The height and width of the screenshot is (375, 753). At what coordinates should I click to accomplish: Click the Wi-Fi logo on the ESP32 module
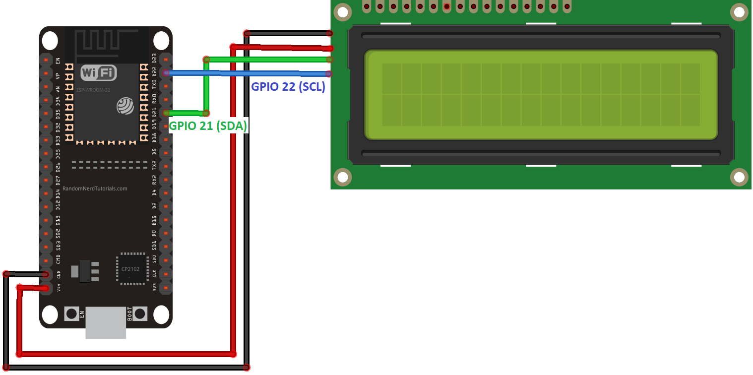point(98,73)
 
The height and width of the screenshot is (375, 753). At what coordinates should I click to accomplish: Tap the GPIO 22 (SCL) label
point(288,86)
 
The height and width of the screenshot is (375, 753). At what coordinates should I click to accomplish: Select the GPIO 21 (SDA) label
point(208,126)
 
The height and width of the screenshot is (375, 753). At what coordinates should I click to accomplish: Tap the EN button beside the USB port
point(72,313)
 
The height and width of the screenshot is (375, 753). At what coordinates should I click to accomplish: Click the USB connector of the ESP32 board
point(105,322)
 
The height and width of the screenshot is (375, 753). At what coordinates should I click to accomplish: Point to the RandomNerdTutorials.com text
point(95,188)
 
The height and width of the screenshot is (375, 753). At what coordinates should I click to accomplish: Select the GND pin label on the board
point(59,274)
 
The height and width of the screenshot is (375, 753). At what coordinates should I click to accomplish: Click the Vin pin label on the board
point(59,287)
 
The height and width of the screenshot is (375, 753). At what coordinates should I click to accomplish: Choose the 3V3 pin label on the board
point(154,287)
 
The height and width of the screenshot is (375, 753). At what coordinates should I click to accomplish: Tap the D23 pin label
point(154,59)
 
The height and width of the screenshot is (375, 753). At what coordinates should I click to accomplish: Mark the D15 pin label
point(154,220)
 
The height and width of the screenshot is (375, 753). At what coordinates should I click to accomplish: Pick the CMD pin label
point(59,259)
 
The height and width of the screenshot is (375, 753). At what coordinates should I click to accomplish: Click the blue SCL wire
point(248,73)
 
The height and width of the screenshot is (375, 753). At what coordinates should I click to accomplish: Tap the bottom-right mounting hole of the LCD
point(739,177)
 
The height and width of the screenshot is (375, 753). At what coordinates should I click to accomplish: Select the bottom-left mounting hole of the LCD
point(342,177)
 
